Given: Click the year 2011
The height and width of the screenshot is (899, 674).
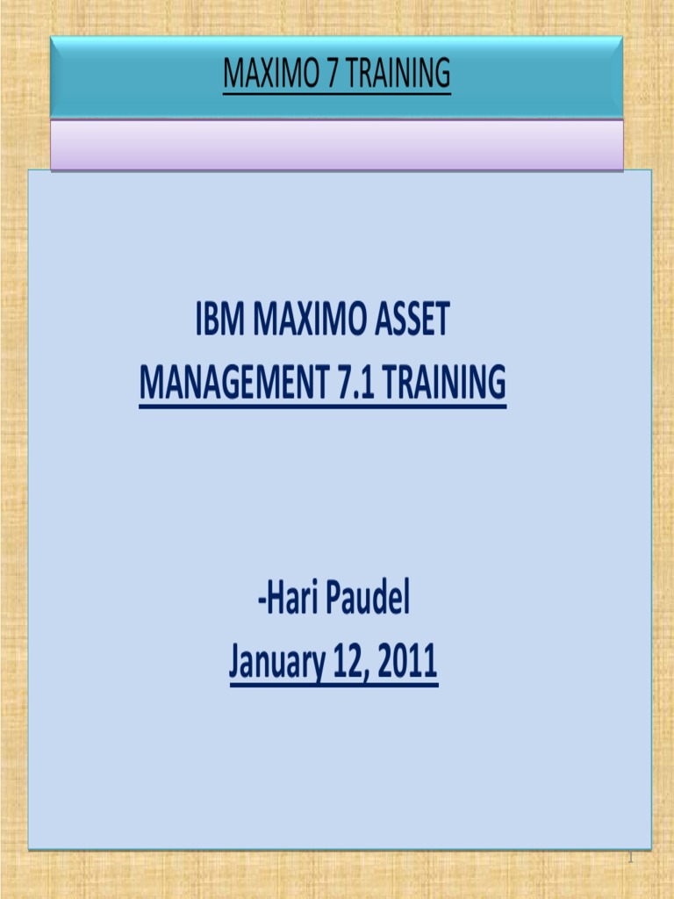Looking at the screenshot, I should coord(406,663).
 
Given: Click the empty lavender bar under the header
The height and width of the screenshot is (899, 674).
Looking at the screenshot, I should coord(337,145).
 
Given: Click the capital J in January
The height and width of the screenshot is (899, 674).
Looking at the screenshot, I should coord(235,664).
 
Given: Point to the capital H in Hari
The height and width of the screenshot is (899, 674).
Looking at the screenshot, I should coord(275,601).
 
